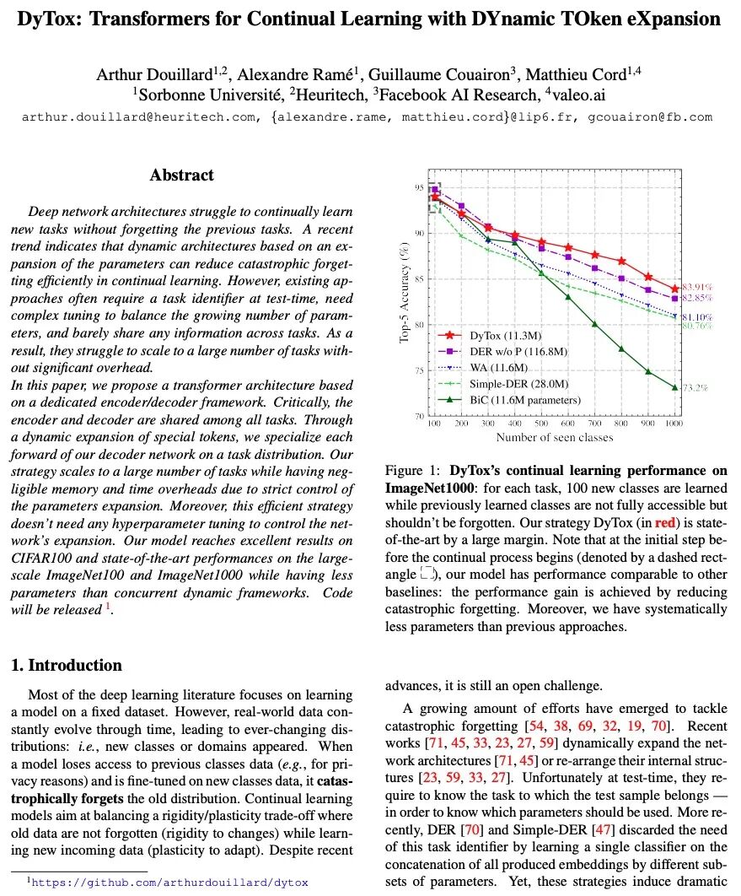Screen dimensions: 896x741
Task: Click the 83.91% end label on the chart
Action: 699,287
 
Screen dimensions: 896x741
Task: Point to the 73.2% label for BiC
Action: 696,387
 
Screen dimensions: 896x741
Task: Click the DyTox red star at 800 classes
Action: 622,261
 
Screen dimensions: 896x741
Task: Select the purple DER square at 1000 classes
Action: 675,299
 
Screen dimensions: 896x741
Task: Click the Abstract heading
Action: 181,175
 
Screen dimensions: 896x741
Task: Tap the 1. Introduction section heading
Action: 67,665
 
